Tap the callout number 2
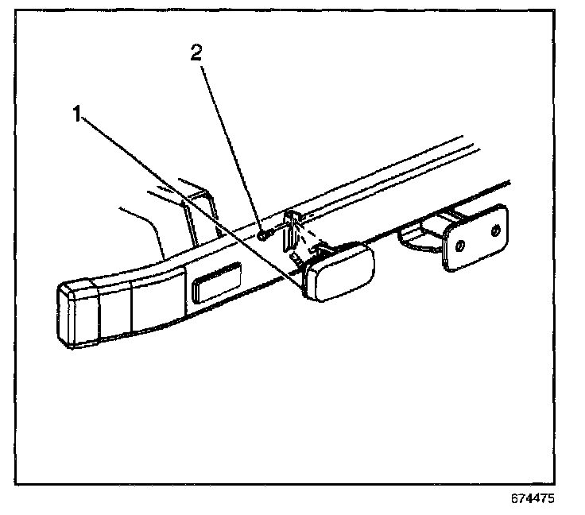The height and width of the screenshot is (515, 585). point(196,53)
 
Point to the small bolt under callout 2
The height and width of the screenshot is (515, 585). point(265,234)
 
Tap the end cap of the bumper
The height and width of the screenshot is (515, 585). point(76,313)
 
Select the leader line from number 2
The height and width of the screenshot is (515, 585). point(231,143)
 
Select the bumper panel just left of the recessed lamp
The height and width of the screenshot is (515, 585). point(159,298)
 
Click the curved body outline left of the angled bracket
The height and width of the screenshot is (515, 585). point(151,230)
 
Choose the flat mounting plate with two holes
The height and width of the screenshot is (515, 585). point(476,237)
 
